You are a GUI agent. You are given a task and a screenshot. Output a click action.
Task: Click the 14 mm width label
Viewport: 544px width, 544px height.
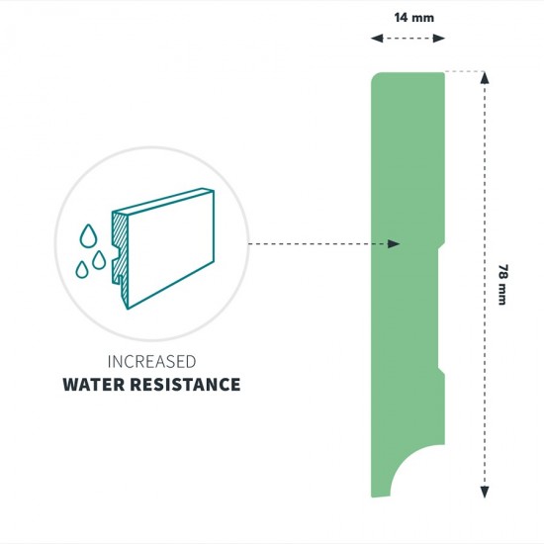click(x=413, y=18)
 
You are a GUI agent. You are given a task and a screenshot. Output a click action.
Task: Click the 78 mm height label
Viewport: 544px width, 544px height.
click(x=502, y=285)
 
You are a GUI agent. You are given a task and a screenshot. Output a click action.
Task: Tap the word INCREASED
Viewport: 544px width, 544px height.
click(x=152, y=362)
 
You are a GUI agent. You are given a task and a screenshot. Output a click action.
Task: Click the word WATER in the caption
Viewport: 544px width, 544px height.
click(x=93, y=385)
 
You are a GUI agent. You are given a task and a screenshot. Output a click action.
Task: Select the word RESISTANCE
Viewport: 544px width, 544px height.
click(x=185, y=385)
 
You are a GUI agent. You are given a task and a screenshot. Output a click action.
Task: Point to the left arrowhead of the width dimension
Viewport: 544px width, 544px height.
click(x=377, y=39)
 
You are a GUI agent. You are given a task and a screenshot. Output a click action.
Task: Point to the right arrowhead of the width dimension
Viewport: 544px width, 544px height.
click(x=439, y=39)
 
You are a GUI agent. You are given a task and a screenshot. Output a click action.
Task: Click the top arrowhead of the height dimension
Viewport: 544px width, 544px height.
click(x=485, y=78)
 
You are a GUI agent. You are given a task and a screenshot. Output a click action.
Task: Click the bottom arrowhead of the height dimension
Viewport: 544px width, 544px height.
click(x=485, y=492)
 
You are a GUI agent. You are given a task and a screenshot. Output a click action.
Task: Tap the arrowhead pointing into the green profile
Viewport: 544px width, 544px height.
click(x=394, y=244)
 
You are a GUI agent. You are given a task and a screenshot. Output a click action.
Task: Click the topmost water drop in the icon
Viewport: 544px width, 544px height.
click(x=88, y=236)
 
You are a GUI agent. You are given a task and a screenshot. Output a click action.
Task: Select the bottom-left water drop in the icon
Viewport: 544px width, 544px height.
click(x=82, y=270)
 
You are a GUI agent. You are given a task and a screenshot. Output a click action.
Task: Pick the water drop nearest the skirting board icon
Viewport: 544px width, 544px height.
click(x=99, y=260)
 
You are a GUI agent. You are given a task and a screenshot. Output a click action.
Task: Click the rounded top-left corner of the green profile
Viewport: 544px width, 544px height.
click(x=375, y=76)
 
